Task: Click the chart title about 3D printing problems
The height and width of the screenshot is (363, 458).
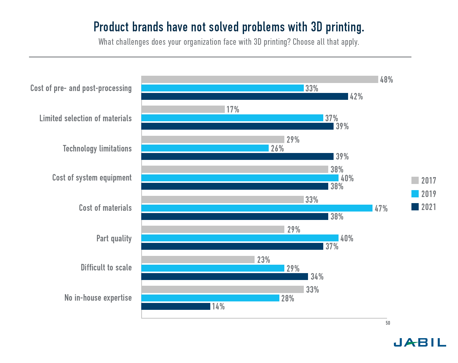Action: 229,27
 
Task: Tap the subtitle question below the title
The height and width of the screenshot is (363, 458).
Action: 229,42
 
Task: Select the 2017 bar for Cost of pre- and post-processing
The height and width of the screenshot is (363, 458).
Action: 260,79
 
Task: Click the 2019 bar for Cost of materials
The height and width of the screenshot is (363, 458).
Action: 257,208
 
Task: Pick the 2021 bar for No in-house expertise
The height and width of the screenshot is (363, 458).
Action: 176,306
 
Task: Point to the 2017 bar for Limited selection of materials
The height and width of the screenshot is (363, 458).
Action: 183,109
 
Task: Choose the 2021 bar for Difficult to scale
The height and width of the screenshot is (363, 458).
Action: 224,276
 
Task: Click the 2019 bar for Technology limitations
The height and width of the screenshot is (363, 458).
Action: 205,148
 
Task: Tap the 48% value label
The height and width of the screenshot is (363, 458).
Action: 386,80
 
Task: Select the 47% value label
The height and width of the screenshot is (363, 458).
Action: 381,208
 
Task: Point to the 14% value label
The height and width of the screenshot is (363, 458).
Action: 218,306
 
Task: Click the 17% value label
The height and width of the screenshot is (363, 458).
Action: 233,110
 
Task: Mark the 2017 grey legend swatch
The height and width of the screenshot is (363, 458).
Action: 415,181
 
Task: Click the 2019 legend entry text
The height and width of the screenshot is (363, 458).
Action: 429,194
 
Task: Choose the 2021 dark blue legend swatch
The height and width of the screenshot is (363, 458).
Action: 415,207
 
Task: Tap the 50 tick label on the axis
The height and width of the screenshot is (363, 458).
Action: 388,323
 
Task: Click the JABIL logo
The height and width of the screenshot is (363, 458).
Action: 419,342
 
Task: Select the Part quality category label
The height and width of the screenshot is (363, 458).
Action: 114,238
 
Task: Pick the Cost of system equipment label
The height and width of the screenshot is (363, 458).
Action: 92,177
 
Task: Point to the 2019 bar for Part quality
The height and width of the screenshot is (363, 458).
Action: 240,238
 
